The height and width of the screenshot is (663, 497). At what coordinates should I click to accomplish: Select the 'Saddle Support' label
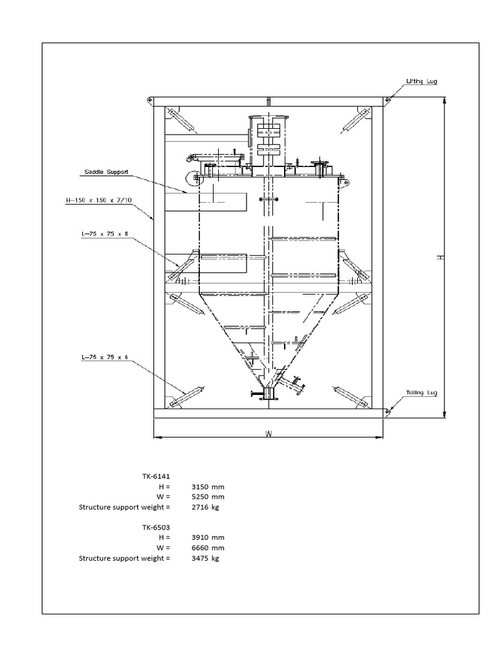click(x=107, y=173)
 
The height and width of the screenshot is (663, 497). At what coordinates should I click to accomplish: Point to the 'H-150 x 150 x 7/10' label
click(x=99, y=201)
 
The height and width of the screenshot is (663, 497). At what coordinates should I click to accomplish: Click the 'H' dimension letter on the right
click(x=441, y=257)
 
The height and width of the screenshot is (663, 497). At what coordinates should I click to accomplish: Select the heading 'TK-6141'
click(x=156, y=476)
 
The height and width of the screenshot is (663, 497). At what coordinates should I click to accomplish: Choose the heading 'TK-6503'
click(x=156, y=527)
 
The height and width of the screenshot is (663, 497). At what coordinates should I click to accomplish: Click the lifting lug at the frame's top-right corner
click(x=386, y=99)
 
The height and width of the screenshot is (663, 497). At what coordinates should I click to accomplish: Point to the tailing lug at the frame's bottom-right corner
click(x=386, y=410)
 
